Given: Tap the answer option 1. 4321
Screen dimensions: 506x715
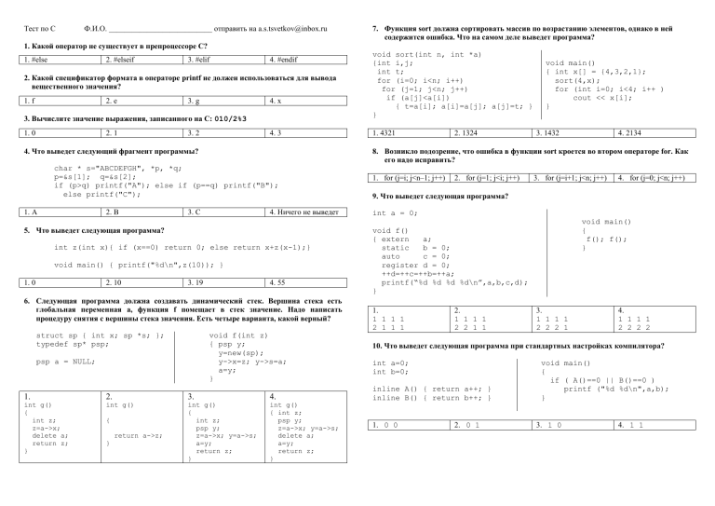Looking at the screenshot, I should [x=387, y=133].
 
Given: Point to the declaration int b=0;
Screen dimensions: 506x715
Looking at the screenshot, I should [x=389, y=372].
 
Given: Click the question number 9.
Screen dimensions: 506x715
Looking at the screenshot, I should [x=374, y=198].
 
